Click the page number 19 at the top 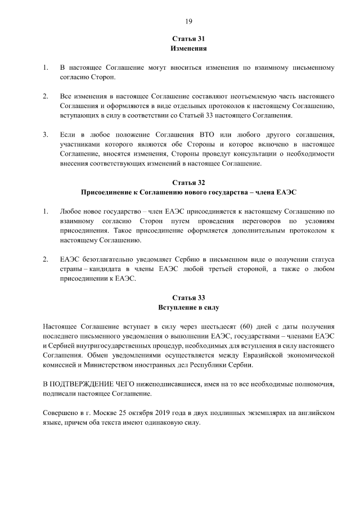click(x=188, y=21)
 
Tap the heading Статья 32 click(x=188, y=183)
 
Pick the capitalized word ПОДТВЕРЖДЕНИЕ click(x=84, y=384)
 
